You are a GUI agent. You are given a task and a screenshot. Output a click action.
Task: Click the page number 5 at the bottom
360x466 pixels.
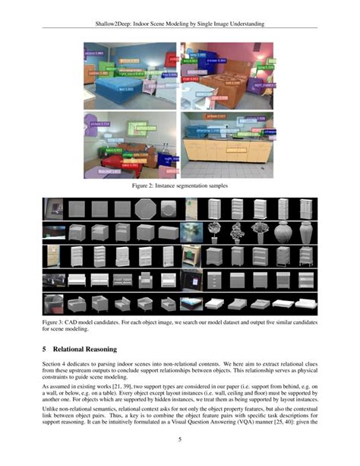click(180, 439)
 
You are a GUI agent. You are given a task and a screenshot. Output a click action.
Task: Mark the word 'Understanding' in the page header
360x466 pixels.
click(242, 25)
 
